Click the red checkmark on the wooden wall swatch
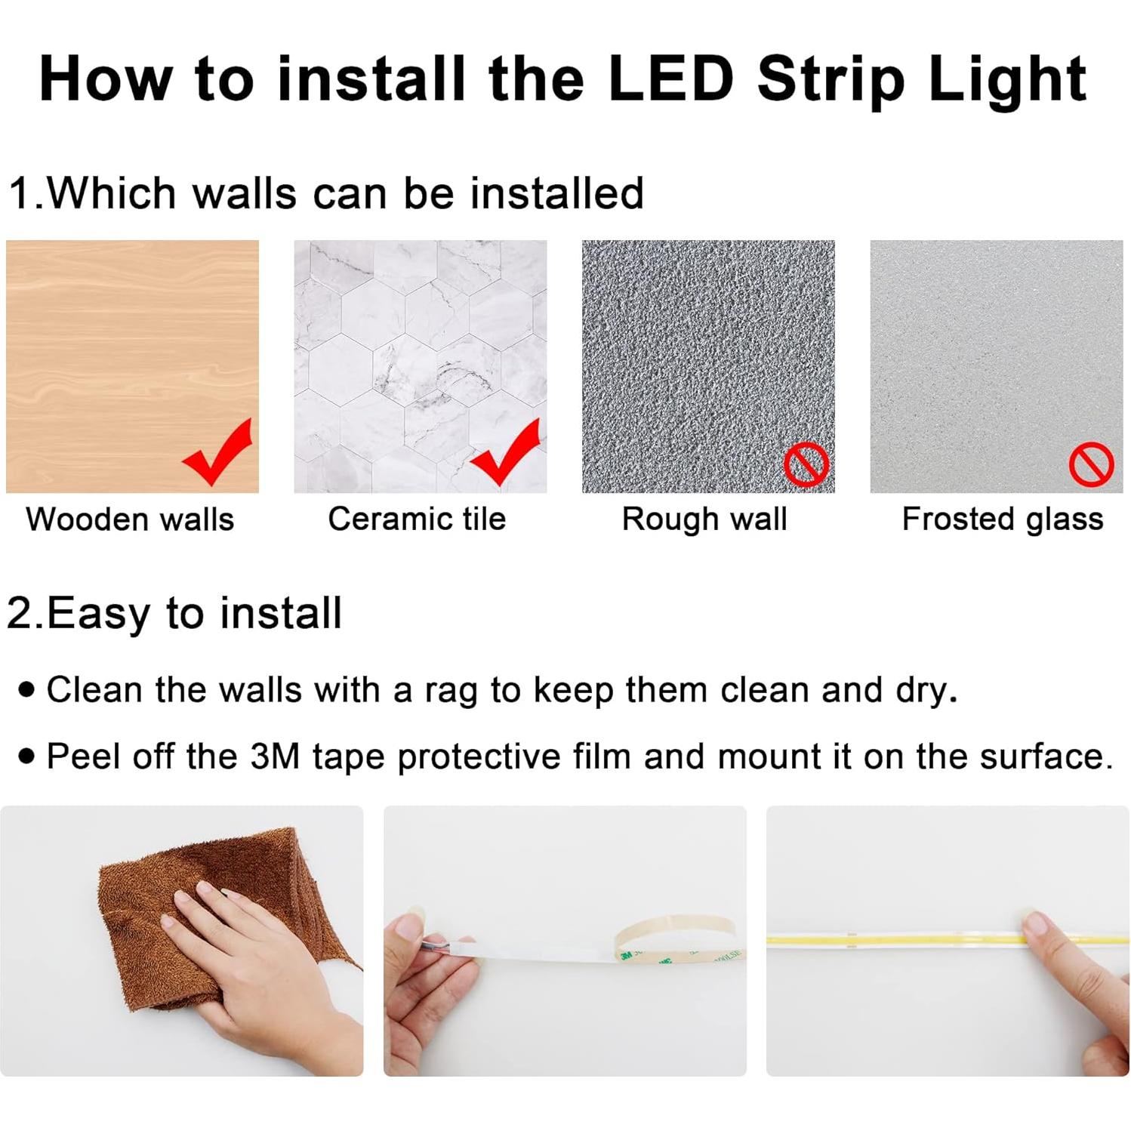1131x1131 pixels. pos(218,453)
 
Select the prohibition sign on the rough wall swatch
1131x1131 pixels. pos(806,464)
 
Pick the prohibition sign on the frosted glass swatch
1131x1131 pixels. pos(1091,464)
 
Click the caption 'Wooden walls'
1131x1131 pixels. pos(130,519)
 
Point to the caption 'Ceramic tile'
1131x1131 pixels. pos(417,519)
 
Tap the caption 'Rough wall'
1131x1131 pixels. pos(704,519)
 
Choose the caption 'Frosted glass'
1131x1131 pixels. pos(1002,519)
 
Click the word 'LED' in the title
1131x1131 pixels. pos(670,79)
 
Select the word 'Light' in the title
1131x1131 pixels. pos(1007,80)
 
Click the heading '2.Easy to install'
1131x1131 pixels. pos(174,612)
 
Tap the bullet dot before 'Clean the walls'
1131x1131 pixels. pos(28,689)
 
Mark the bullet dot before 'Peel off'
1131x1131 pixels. pos(28,756)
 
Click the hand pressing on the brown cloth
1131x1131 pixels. pos(249,959)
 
